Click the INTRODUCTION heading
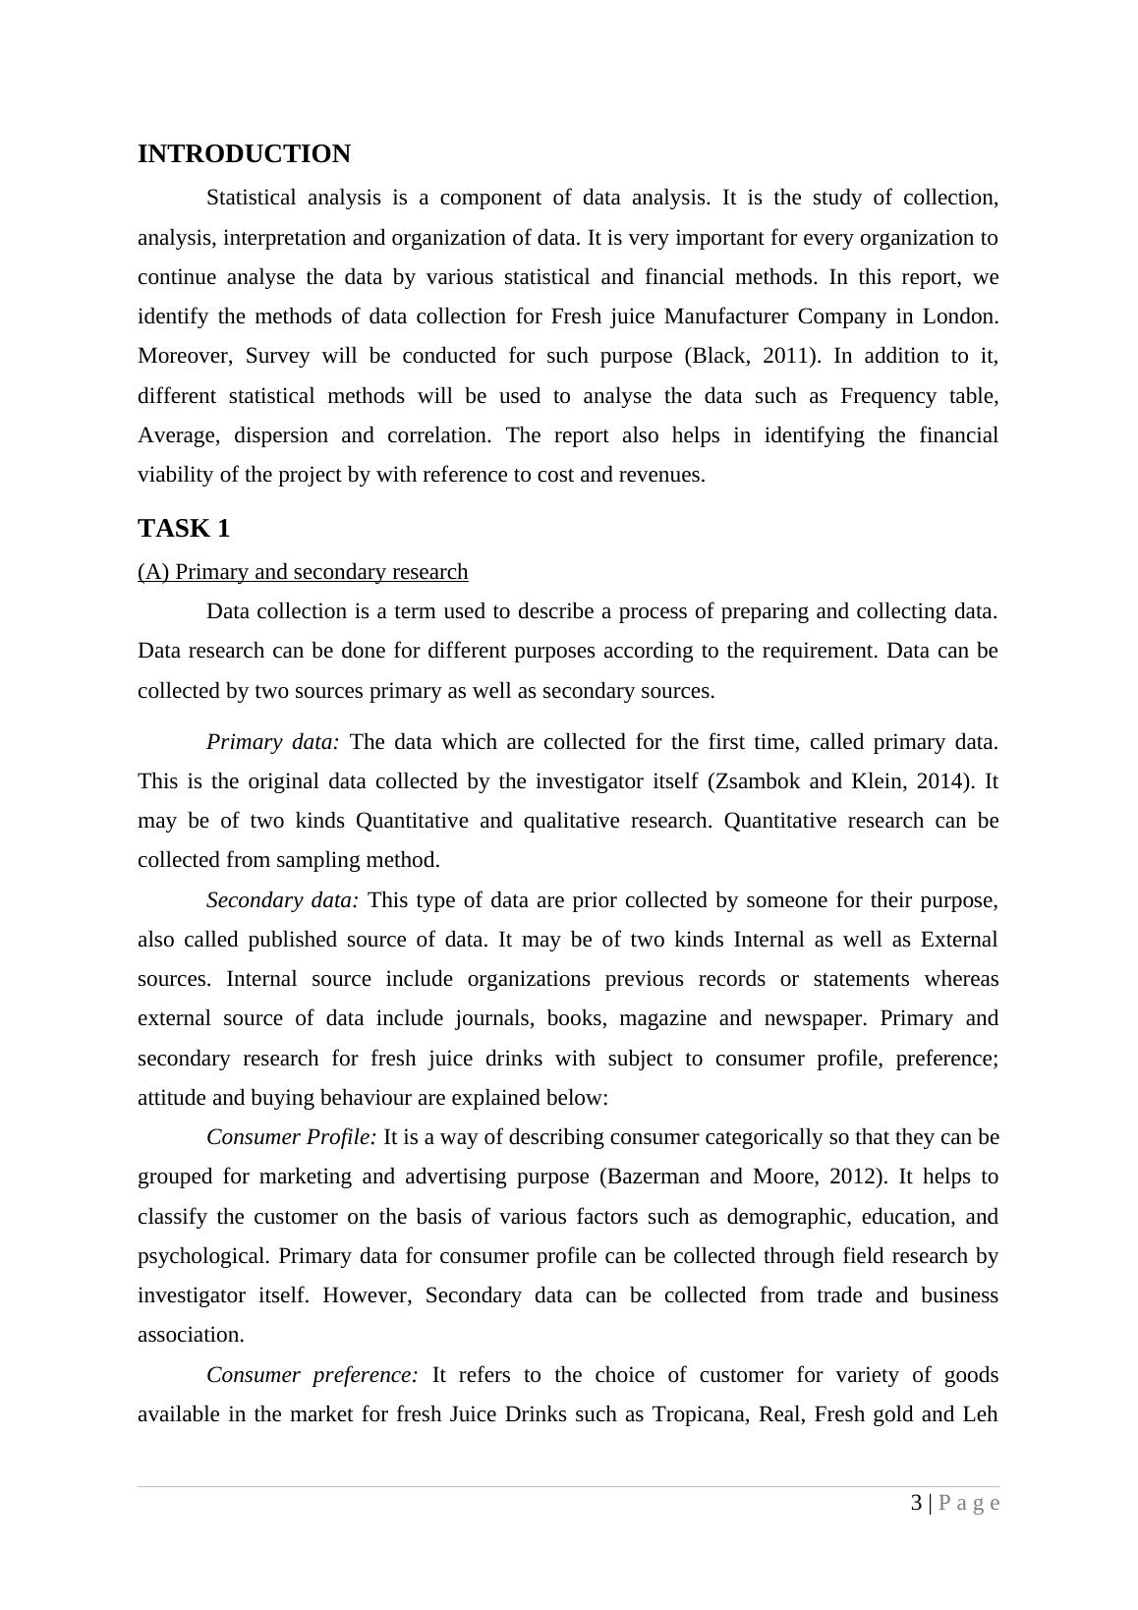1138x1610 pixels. tap(244, 154)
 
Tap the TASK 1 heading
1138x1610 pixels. tap(184, 529)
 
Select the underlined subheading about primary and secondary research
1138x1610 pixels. tap(303, 572)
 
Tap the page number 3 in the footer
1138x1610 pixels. tap(917, 1503)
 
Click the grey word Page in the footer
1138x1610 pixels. tap(969, 1504)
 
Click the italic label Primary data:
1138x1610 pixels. tap(272, 742)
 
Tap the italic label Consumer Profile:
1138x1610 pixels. tap(291, 1137)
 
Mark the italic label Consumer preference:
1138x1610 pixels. tap(313, 1375)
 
